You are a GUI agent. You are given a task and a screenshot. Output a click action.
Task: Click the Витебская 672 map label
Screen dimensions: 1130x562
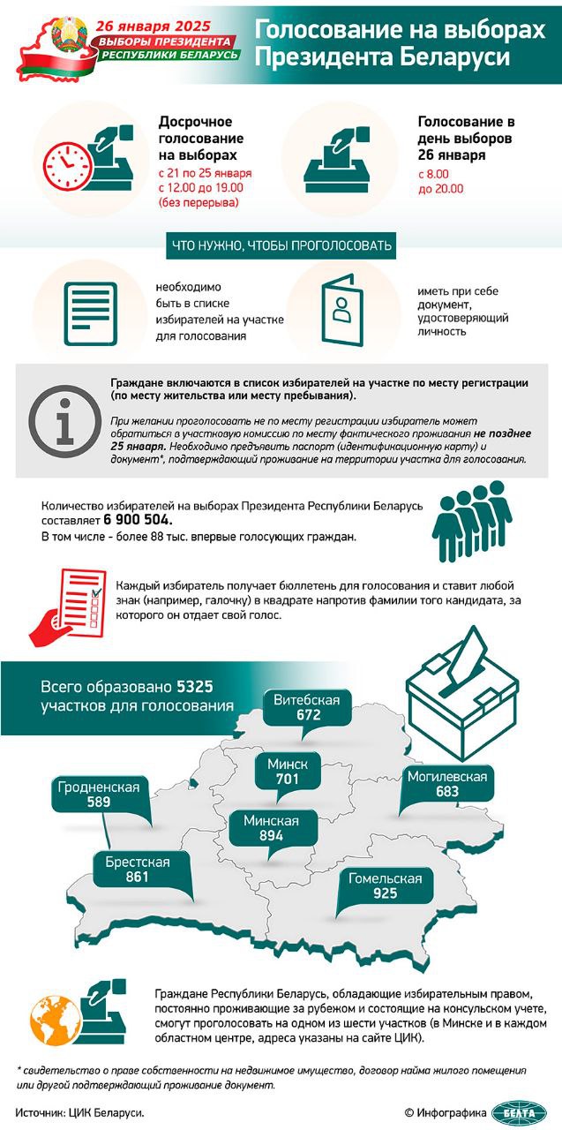[x=307, y=707]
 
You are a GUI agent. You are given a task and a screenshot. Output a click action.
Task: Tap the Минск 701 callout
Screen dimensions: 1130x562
[x=283, y=771]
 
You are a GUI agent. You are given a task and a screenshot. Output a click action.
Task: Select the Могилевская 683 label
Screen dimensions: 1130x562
[x=446, y=784]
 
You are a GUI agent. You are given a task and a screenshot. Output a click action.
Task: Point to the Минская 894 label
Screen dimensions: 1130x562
[x=272, y=828]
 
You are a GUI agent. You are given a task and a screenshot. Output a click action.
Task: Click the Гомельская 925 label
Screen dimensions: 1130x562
[x=385, y=885]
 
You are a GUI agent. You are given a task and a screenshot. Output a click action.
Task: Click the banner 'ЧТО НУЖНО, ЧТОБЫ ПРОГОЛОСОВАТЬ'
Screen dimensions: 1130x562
[x=280, y=245]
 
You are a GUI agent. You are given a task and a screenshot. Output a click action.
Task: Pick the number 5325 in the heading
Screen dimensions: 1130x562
[x=195, y=686]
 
